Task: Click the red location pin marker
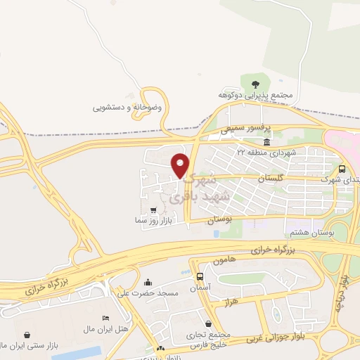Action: pyautogui.click(x=181, y=165)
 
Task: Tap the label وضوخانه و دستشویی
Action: pyautogui.click(x=127, y=108)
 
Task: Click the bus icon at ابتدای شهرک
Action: pyautogui.click(x=342, y=169)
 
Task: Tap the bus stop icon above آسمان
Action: pyautogui.click(x=200, y=276)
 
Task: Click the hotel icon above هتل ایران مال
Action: pyautogui.click(x=105, y=319)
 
